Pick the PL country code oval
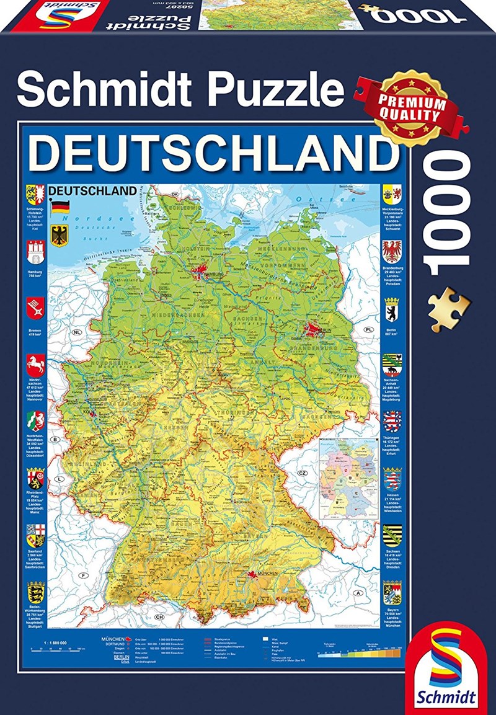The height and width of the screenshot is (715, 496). click(368, 329)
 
